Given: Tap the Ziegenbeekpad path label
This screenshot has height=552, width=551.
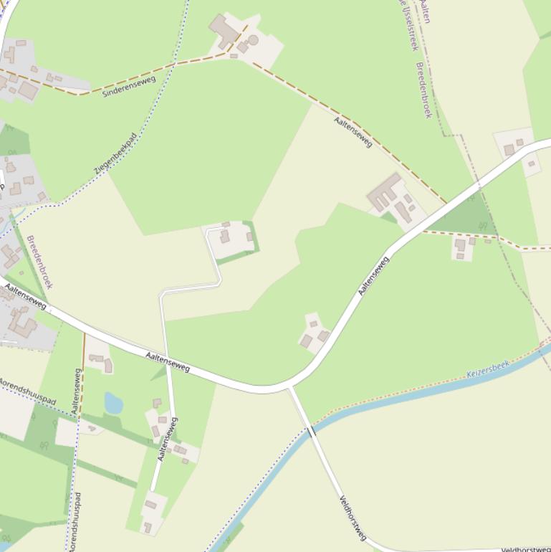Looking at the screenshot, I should pos(115,154).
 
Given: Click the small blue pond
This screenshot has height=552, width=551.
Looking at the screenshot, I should pos(113,403).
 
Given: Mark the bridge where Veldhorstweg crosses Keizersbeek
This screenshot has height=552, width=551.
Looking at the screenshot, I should pos(311,432).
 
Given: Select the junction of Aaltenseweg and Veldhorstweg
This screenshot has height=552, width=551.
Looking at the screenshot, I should pos(289,387).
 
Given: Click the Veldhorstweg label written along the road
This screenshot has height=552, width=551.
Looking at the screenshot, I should pos(353,518).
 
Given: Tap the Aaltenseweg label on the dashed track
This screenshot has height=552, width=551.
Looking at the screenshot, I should pos(353,132).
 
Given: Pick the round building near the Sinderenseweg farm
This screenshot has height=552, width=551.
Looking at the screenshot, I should pos(252,40).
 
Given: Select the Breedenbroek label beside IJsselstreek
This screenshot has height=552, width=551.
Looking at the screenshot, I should pos(423,90).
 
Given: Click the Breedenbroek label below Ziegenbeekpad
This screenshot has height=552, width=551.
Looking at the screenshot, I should pos(40,262).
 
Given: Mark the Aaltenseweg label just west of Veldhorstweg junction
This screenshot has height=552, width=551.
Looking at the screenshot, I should pos(168,362).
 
